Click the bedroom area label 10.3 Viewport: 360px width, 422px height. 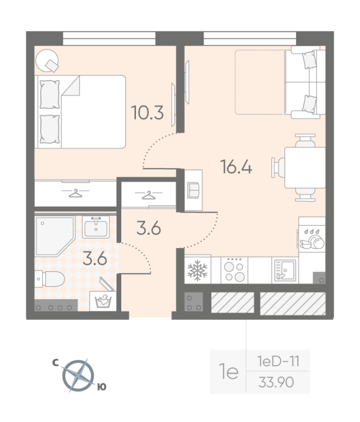point(148,112)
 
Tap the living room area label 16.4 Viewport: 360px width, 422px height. point(236,167)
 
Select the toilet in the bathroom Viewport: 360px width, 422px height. point(50,279)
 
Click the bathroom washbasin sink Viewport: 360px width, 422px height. point(96,227)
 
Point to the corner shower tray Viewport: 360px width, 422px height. point(55,236)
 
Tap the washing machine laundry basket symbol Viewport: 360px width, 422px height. point(103,301)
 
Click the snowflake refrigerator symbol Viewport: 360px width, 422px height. point(198,270)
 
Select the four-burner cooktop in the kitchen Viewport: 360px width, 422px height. point(234,270)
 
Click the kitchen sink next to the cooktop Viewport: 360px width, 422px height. point(285,270)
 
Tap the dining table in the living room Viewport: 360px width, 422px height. point(305,167)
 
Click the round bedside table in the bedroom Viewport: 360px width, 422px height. point(47,61)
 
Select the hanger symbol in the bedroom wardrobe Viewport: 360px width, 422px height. point(75,193)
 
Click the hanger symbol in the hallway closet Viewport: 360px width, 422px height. point(149,195)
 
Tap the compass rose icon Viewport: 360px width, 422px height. point(78,376)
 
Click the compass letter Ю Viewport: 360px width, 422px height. point(102,387)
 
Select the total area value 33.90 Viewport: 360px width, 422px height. point(276,382)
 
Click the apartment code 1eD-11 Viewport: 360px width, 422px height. point(278,361)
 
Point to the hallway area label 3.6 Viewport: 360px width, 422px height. point(149,228)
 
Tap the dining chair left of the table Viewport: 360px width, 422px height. point(278,167)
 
